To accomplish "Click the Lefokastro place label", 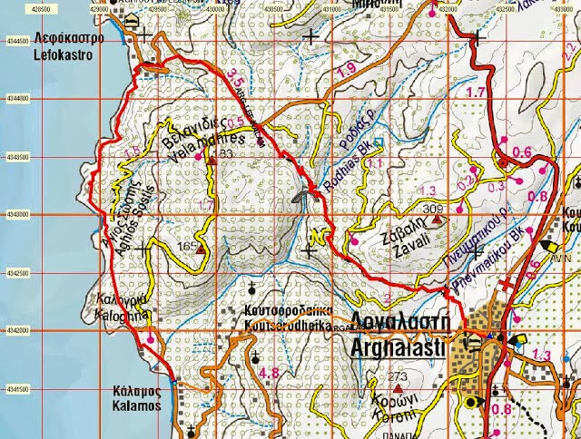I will (68, 46).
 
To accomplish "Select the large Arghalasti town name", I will (402, 343).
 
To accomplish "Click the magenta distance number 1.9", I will (345, 70).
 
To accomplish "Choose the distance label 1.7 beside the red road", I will (474, 93).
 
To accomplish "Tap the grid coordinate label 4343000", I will (16, 215).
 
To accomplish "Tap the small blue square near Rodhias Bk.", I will (379, 142).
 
